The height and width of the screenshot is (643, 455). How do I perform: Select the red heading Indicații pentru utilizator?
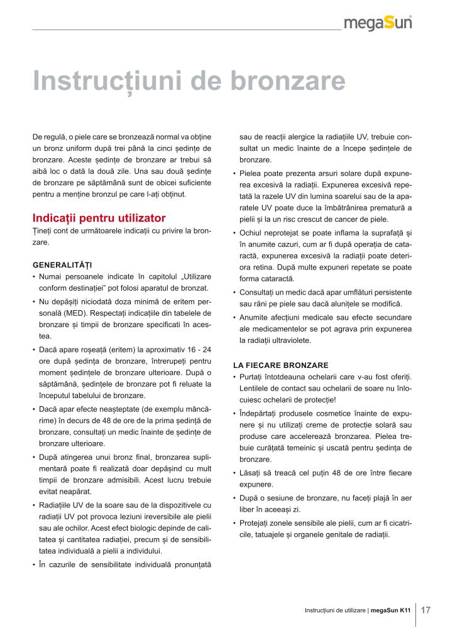coord(99,219)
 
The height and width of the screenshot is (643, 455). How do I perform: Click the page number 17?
coord(425,610)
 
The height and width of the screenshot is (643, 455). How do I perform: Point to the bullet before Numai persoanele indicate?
coord(34,276)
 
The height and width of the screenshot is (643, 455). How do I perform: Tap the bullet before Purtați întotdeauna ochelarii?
coord(234,377)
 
